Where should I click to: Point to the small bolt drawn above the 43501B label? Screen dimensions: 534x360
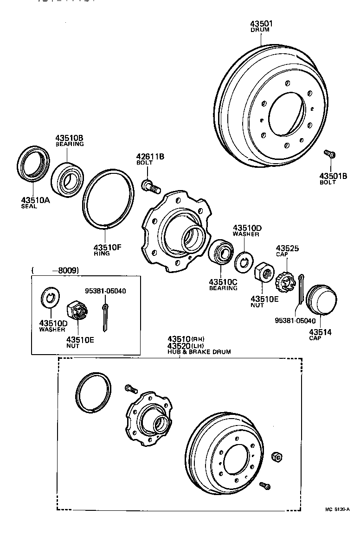[x=330, y=154]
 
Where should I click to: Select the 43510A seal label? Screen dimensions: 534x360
[x=35, y=200]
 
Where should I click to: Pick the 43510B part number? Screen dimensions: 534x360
[x=70, y=138]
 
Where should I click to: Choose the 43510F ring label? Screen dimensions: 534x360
[x=107, y=247]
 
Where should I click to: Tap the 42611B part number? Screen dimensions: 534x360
[x=150, y=157]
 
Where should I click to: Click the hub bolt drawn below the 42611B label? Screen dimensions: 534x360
[x=150, y=186]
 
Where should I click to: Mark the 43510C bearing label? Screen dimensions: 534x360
[x=223, y=282]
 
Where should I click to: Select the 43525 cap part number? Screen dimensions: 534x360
[x=288, y=248]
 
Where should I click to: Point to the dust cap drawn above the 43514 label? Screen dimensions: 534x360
[x=321, y=299]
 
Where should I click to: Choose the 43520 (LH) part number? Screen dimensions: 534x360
[x=180, y=346]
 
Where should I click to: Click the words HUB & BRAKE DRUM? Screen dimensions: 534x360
[x=199, y=352]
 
